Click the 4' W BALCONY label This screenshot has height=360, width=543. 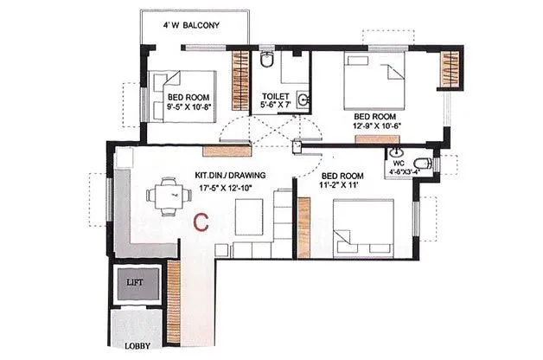195,26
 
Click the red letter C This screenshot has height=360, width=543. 201,222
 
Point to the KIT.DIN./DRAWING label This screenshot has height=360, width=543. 230,175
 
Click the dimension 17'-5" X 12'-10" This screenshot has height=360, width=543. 230,185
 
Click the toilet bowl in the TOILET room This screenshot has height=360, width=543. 267,61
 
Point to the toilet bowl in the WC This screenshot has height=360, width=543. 421,164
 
